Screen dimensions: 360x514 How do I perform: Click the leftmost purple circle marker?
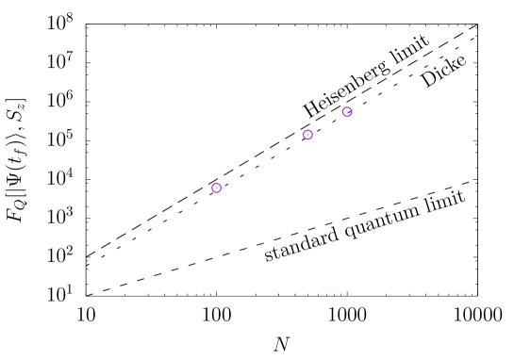[216, 188]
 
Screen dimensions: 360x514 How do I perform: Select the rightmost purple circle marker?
[347, 112]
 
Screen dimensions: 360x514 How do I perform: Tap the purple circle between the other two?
[307, 135]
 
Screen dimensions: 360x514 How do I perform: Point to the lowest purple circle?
[216, 188]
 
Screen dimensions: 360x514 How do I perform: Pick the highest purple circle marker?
[347, 112]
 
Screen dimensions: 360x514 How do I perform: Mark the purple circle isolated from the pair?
[216, 188]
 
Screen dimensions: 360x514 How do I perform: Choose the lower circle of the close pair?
[307, 135]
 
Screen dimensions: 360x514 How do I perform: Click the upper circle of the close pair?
[347, 112]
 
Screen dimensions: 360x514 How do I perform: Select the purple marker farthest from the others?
[216, 188]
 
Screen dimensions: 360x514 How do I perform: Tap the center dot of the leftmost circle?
[216, 188]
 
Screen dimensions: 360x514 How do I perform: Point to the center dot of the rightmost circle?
[347, 112]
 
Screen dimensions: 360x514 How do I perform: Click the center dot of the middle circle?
[307, 135]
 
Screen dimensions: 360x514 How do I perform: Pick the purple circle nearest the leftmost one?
[307, 135]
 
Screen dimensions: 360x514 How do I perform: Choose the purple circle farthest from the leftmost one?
[347, 112]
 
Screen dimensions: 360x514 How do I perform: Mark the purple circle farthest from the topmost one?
[216, 188]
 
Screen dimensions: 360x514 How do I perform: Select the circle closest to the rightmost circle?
[307, 135]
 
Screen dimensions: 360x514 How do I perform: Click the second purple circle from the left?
[307, 135]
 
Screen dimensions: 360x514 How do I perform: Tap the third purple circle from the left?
[347, 112]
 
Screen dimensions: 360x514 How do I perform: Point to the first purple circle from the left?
[216, 188]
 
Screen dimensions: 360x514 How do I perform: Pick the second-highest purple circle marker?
[307, 135]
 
